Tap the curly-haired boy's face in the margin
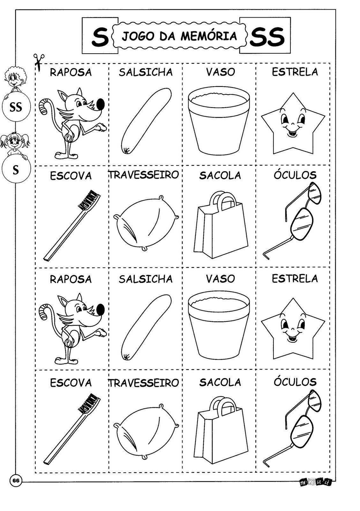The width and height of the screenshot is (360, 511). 15,77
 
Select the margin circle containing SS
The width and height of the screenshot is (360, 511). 16,107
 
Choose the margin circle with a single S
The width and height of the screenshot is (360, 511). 16,169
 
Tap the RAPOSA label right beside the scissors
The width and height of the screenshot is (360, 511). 71,72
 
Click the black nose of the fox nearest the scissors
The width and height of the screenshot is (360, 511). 101,104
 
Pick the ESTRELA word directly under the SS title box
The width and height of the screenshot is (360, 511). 295,72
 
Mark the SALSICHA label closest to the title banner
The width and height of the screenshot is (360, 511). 146,72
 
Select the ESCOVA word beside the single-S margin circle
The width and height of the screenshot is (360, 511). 71,176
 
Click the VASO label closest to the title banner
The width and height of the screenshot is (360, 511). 221,72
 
